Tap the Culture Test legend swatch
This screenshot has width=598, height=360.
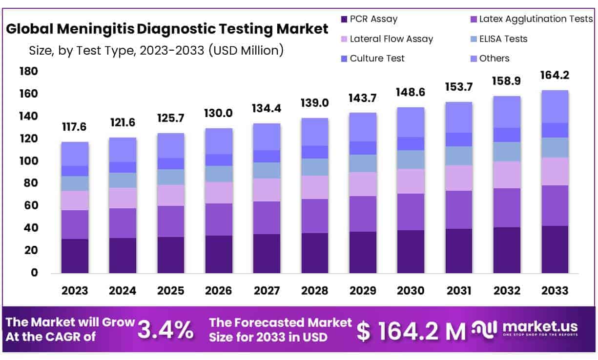pos(344,59)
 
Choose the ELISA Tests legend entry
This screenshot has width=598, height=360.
pos(503,39)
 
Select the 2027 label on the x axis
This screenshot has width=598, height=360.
pos(267,291)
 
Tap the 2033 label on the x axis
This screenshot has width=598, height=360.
pos(555,291)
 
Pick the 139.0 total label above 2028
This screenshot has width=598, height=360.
pos(315,103)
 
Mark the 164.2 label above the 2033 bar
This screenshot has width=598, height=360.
pos(555,76)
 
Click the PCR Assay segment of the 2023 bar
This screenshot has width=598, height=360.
pos(75,256)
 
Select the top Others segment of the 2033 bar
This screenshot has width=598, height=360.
pos(555,106)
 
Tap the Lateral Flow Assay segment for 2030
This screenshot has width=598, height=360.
pos(411,181)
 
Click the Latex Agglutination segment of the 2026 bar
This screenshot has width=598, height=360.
pos(219,220)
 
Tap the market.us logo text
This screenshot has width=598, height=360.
pos(539,326)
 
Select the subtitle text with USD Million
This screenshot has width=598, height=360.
pos(156,50)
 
